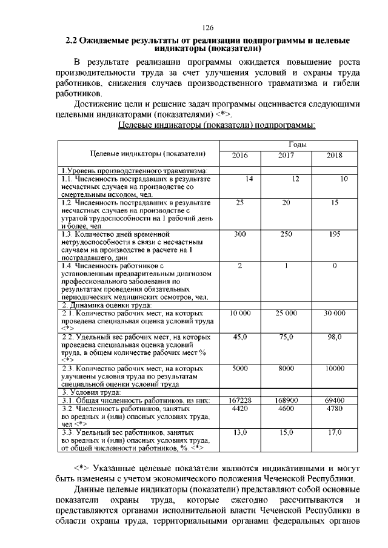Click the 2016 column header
click(x=240, y=156)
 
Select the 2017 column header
click(x=286, y=156)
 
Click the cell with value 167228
click(x=240, y=400)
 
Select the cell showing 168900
click(x=286, y=400)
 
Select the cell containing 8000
click(x=286, y=368)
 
